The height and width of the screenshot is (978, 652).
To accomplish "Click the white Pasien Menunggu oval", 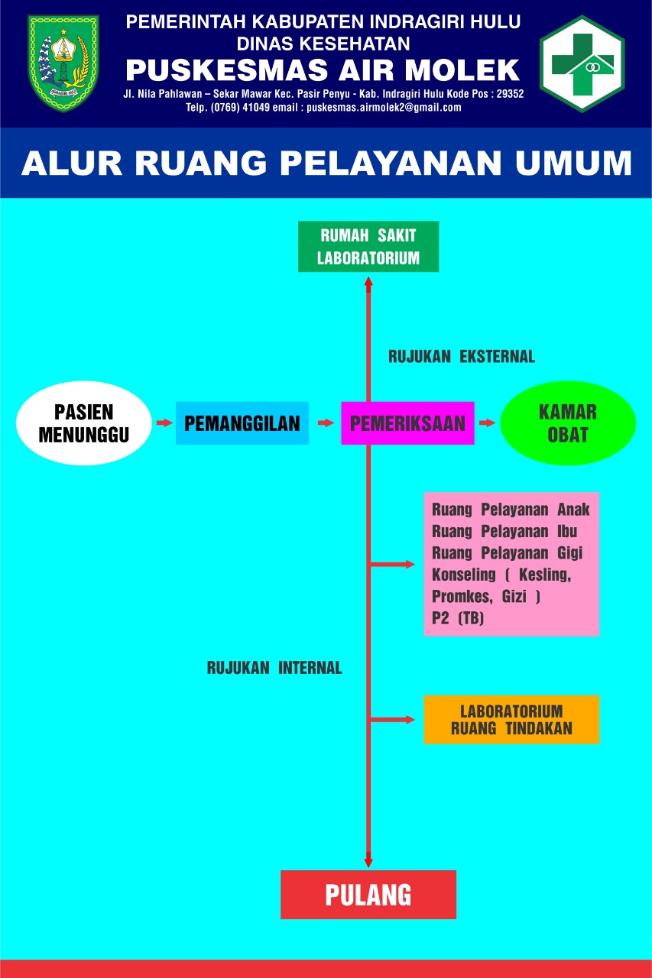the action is (84, 423).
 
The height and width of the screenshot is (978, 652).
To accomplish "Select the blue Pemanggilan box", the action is (242, 423).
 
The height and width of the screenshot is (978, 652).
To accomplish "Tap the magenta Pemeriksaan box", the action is (407, 423).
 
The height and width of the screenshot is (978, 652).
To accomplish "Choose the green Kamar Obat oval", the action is (568, 423).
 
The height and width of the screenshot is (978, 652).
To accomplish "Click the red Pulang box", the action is (368, 895).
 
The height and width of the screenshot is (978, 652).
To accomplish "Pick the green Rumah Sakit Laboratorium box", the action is (368, 246).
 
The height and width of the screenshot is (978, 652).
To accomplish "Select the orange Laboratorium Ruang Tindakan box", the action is (511, 720).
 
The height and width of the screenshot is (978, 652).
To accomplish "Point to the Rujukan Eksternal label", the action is (462, 357).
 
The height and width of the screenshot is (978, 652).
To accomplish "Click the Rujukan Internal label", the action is (274, 668).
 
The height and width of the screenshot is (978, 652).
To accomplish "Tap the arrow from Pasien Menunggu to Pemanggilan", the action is (164, 423).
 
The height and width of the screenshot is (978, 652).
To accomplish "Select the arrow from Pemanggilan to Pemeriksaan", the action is (326, 423).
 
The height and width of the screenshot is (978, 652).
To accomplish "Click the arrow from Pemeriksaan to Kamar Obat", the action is (487, 423).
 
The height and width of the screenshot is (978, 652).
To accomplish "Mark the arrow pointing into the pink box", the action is (392, 564).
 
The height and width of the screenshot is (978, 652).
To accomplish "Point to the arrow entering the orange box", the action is (392, 720).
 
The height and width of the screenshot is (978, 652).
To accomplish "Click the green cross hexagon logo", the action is (582, 63).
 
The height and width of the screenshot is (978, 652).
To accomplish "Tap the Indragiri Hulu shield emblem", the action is (63, 63).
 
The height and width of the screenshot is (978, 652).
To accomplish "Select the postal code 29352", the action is (510, 94).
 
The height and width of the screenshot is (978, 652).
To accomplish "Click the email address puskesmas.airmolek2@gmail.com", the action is (384, 108).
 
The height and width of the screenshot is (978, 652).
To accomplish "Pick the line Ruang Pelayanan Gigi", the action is (507, 553).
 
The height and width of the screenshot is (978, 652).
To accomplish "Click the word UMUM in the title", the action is (573, 163).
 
